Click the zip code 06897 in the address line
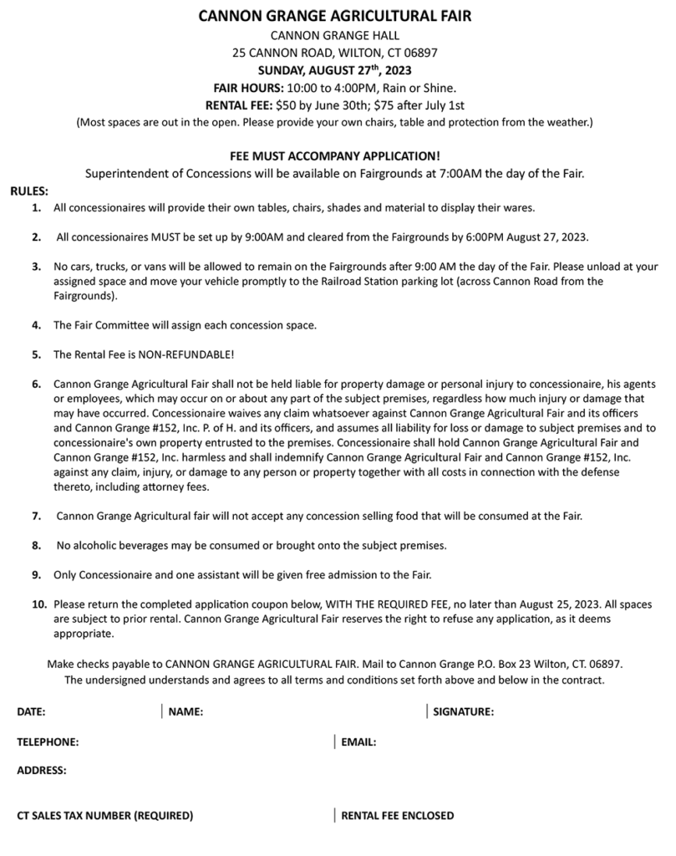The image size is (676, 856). (420, 52)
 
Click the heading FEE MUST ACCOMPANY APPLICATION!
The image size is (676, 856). (334, 156)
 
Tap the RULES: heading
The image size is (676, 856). (29, 191)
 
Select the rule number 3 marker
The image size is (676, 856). (37, 267)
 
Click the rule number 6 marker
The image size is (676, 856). (37, 385)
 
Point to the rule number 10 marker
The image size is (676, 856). (39, 604)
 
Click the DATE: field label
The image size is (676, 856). (31, 712)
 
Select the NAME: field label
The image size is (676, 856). (186, 712)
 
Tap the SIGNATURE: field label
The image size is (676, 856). (464, 712)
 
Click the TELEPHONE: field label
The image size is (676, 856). (48, 741)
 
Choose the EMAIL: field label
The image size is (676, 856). (358, 741)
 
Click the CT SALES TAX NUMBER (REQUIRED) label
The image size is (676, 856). (104, 815)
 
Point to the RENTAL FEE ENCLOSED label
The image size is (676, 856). (398, 815)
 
